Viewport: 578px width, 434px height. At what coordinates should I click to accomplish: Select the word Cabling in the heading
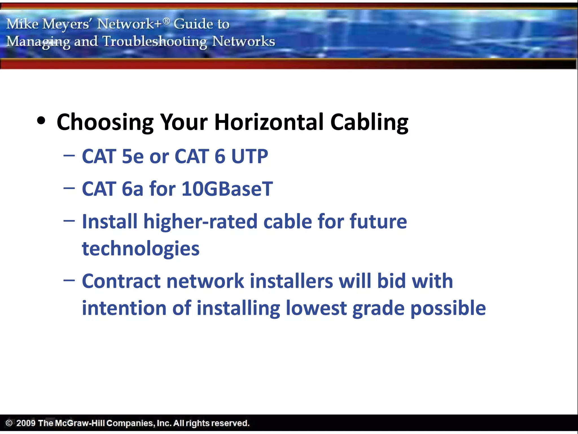click(369, 122)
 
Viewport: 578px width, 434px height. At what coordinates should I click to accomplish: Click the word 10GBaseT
click(227, 189)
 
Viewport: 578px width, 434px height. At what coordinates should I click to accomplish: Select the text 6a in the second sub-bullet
click(132, 189)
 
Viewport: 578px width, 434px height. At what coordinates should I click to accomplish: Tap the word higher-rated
click(200, 221)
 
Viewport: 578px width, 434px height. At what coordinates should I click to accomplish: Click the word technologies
click(141, 249)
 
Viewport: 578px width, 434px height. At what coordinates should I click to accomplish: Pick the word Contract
click(121, 281)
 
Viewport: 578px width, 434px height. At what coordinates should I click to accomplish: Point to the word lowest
click(316, 308)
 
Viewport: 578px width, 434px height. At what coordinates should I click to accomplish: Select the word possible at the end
click(448, 308)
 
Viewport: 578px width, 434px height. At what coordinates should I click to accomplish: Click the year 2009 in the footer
click(26, 423)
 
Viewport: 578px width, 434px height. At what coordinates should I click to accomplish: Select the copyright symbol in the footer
click(9, 423)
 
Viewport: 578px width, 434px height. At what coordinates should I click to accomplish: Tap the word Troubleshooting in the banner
click(155, 42)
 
